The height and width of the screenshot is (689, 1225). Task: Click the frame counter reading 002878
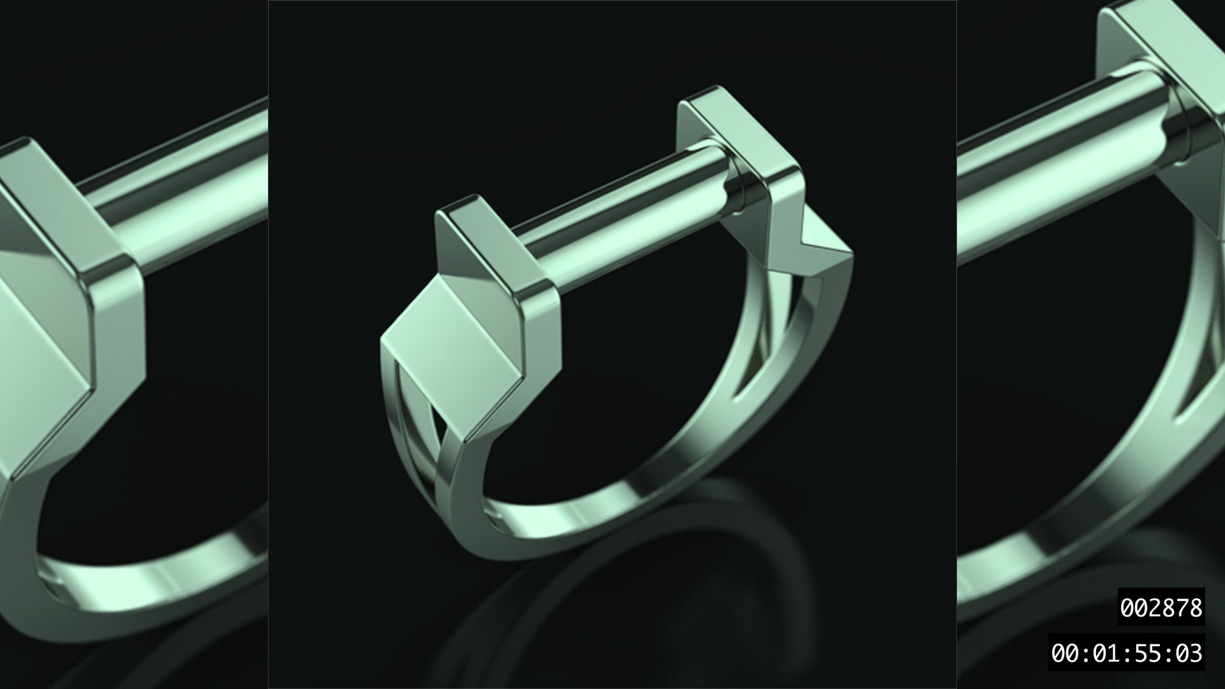point(1161,608)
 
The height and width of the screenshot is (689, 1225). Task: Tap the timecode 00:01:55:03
point(1126,653)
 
